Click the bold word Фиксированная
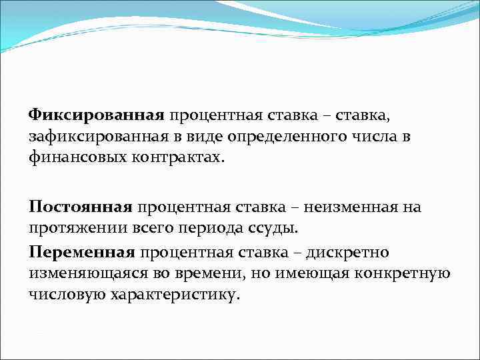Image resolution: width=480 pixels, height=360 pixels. pos(96,117)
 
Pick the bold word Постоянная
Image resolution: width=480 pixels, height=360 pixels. pos(81,207)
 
